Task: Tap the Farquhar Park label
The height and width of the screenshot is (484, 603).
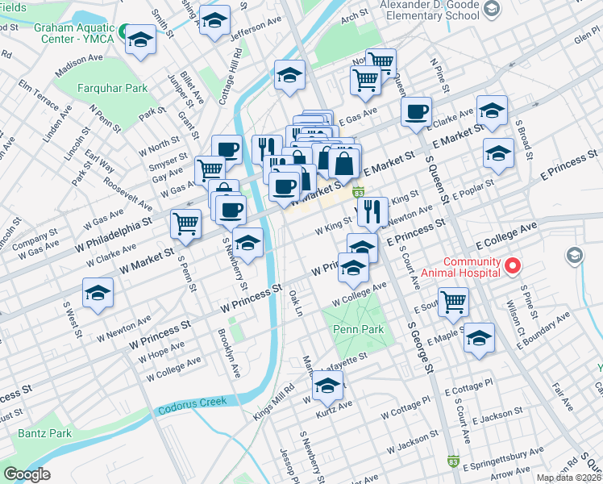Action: [113, 88]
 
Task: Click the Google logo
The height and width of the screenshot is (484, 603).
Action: [27, 474]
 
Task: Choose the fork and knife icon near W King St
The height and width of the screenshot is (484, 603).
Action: [371, 211]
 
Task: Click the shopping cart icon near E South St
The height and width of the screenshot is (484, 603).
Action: [454, 302]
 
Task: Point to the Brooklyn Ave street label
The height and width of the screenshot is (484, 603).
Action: [229, 353]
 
